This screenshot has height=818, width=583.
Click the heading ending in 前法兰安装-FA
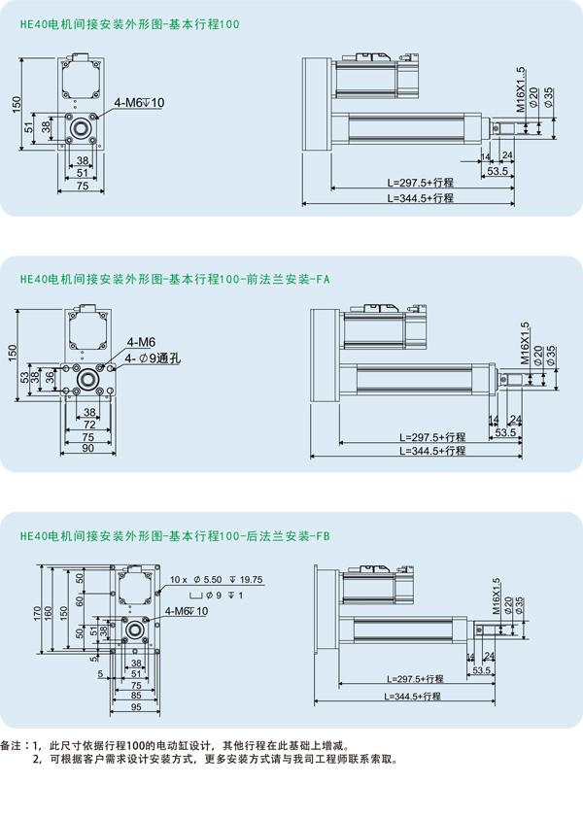tap(175, 278)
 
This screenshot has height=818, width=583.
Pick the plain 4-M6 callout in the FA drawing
tap(140, 343)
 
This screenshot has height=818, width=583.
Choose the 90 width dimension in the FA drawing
tap(88, 449)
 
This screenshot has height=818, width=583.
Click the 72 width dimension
tap(88, 426)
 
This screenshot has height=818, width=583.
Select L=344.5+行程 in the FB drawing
tap(413, 697)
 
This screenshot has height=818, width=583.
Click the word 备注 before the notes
tap(13, 745)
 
